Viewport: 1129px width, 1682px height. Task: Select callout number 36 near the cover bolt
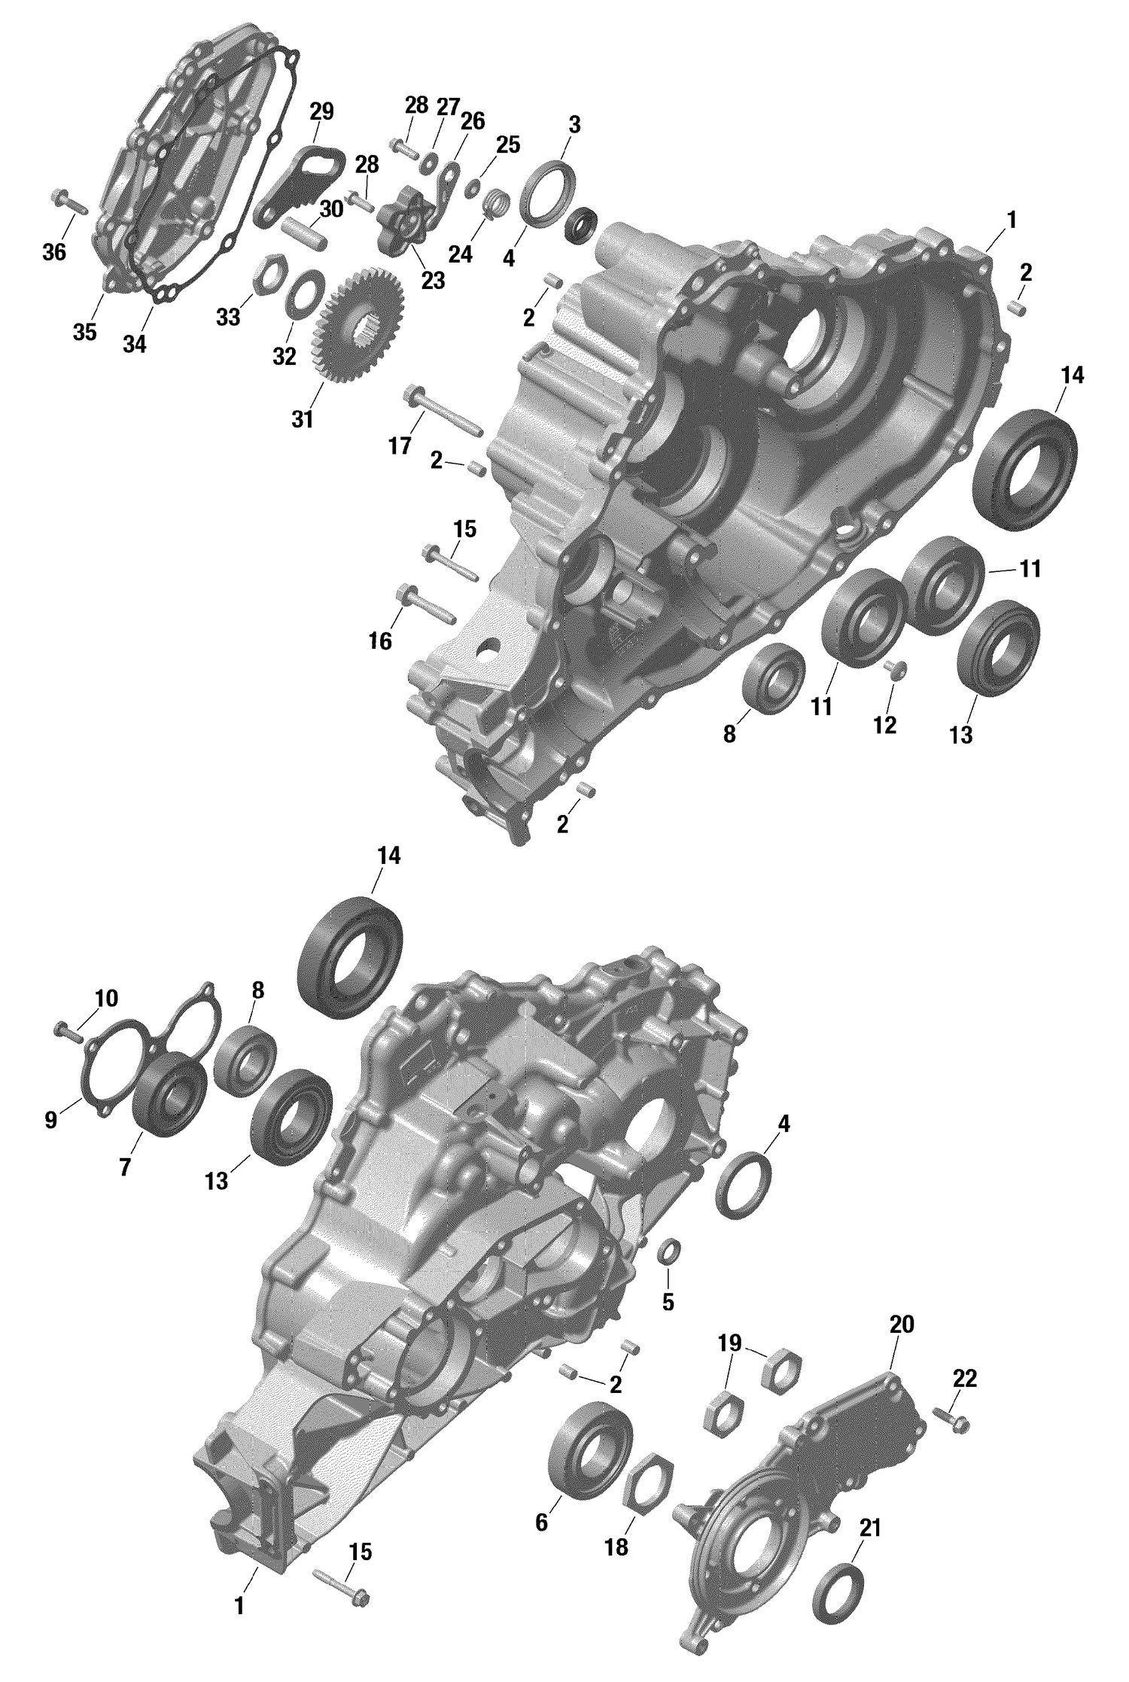[53, 252]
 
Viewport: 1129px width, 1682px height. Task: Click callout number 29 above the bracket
[321, 112]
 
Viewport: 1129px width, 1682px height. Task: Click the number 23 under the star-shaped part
[433, 280]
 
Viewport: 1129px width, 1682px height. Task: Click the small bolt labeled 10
[68, 1032]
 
